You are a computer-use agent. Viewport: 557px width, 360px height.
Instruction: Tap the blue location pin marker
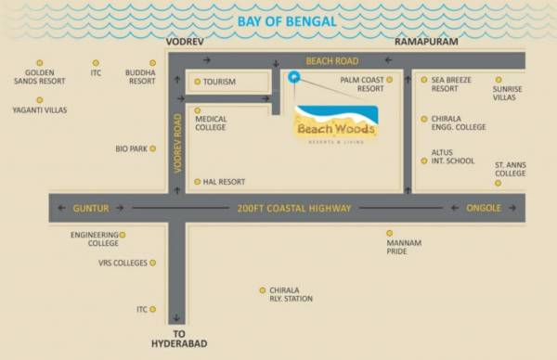(x=293, y=77)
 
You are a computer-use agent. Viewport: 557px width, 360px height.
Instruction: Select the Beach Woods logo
(x=335, y=123)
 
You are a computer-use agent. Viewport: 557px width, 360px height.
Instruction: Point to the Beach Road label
(x=331, y=60)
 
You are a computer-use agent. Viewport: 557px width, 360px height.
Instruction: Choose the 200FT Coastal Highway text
(x=293, y=208)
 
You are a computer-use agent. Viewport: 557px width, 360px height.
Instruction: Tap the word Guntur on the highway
(x=91, y=208)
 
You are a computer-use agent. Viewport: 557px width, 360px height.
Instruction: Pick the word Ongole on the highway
(x=483, y=208)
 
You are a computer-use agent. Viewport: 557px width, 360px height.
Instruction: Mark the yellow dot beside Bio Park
(x=152, y=148)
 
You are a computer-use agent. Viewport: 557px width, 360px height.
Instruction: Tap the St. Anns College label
(x=510, y=169)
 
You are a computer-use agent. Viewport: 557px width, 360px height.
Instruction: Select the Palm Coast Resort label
(x=362, y=84)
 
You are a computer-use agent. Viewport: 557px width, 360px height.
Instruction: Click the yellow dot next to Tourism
(x=198, y=82)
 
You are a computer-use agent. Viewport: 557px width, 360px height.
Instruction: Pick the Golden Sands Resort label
(x=44, y=77)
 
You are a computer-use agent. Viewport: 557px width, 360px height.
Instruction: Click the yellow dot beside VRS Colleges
(x=153, y=263)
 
